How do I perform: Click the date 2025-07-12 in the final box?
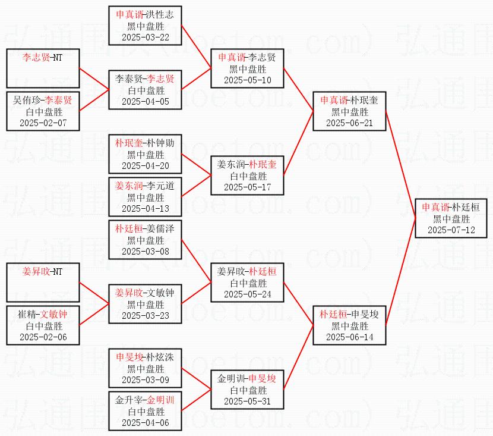[451, 230]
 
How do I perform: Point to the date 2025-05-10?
[248, 80]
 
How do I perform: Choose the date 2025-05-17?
[248, 187]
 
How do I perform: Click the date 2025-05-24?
[248, 294]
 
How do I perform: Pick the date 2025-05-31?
[248, 402]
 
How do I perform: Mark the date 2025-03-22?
[146, 37]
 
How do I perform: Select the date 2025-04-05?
[146, 102]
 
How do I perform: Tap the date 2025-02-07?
[43, 123]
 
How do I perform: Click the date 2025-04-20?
[146, 166]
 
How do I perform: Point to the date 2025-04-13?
[146, 209]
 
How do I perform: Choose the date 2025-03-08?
[146, 252]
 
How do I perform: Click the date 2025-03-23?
[146, 316]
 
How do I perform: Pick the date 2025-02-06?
[43, 337]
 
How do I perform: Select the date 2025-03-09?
[146, 380]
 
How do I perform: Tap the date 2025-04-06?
[146, 423]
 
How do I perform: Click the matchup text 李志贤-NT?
[43, 58]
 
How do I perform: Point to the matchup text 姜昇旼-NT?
[43, 272]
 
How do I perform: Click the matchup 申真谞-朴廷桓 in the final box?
[451, 208]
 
